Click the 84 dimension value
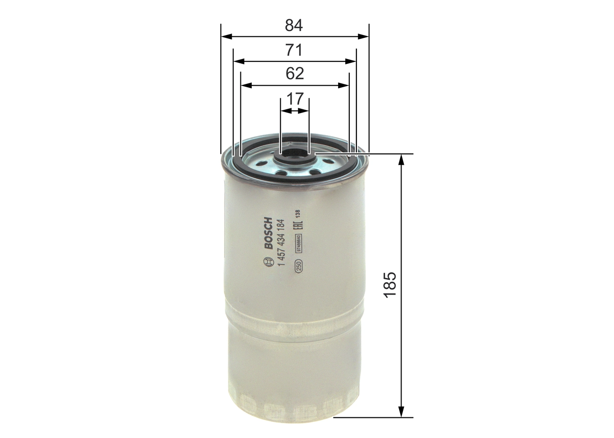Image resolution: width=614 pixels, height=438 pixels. (294, 25)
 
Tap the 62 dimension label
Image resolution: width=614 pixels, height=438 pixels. (295, 74)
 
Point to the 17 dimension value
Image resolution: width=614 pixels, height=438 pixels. (295, 99)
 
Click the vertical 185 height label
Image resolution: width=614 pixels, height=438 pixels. (390, 286)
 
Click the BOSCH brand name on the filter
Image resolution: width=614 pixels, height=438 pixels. (268, 233)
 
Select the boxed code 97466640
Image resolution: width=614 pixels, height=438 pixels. (298, 244)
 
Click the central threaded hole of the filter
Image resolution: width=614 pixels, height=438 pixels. (294, 153)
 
